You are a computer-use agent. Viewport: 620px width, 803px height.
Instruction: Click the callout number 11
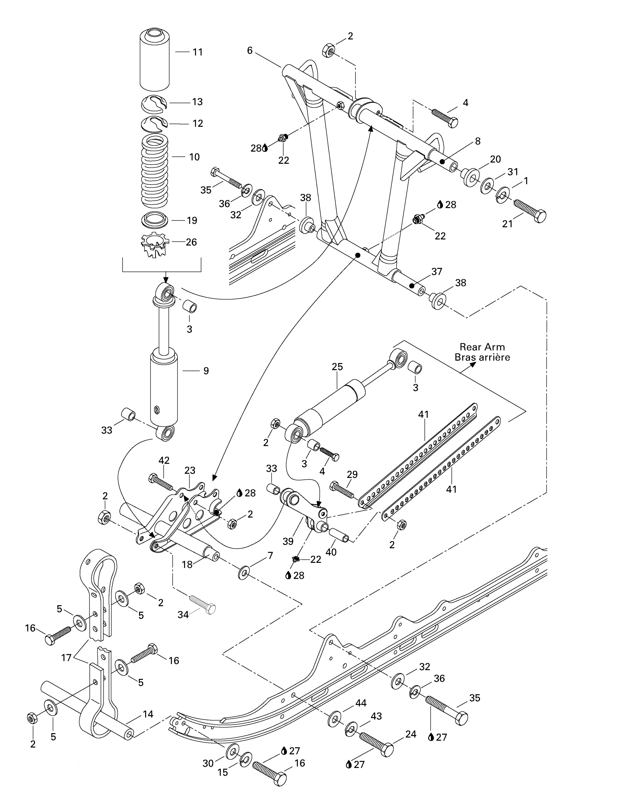point(198,52)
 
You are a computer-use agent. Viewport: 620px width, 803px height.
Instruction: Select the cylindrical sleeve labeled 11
point(155,61)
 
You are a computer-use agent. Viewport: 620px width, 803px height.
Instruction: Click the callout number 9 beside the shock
point(206,371)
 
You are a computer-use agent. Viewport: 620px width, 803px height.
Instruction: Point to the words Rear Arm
point(482,347)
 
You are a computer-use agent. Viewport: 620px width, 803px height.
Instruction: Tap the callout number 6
point(250,50)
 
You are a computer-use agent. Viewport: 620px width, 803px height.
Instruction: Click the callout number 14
point(148,714)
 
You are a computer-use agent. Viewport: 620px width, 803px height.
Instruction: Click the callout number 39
point(288,541)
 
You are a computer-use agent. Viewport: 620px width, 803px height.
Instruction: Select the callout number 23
point(190,470)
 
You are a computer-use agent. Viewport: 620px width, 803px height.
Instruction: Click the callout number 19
point(192,220)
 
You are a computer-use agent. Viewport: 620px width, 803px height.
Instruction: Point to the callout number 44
point(361,703)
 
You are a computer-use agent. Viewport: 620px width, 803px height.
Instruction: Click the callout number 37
point(437,271)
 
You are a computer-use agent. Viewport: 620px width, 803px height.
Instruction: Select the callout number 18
point(187,565)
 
